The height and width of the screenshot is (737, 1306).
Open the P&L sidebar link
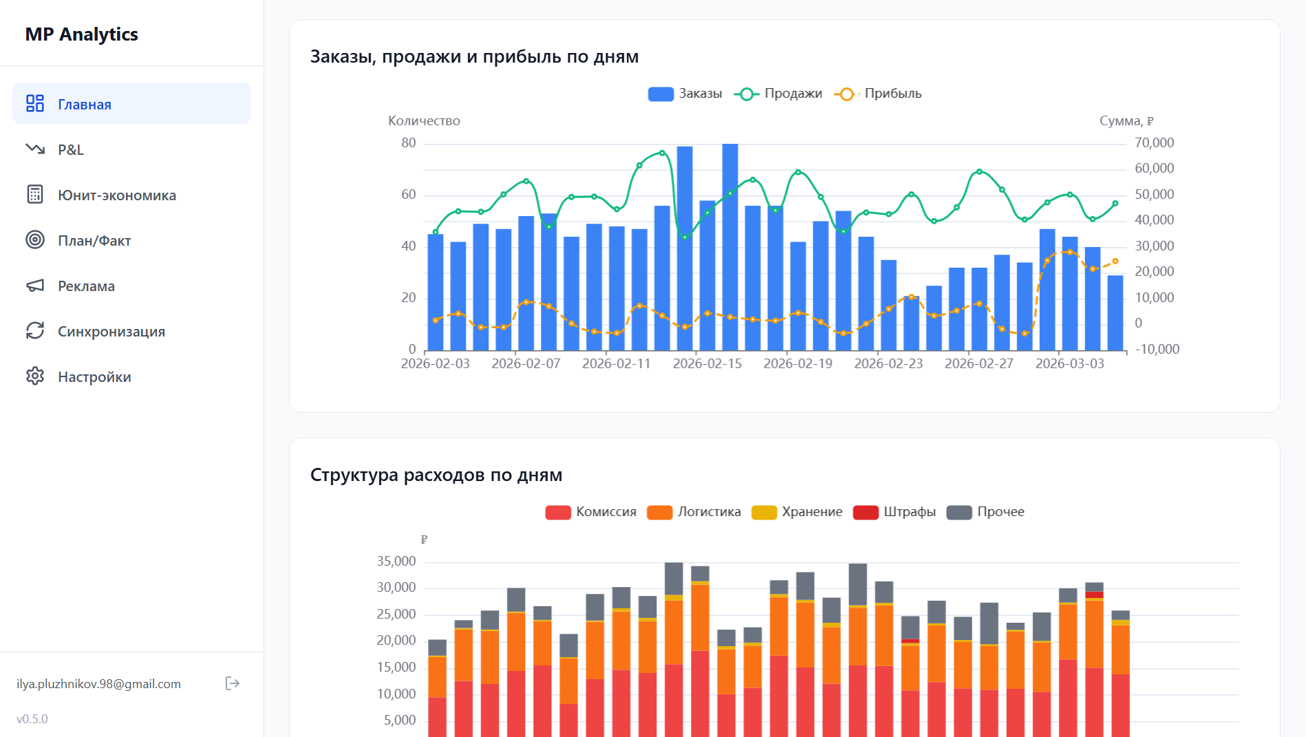[70, 149]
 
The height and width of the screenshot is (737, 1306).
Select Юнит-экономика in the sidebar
[116, 195]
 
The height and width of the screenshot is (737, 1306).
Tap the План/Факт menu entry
[94, 240]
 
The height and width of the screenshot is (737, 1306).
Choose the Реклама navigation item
[86, 286]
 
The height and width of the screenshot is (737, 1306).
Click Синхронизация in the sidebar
[111, 331]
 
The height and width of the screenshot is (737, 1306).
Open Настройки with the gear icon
[94, 376]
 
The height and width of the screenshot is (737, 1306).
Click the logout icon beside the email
[233, 683]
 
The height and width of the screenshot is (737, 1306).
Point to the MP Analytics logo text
[81, 34]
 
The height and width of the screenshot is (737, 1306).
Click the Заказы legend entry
[685, 94]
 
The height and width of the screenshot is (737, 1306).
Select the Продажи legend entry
[778, 94]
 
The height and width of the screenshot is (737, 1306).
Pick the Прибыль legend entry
[878, 94]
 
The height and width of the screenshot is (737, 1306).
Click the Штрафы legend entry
[895, 512]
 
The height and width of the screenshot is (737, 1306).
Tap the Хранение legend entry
[797, 512]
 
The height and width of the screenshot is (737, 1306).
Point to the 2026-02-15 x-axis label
[707, 363]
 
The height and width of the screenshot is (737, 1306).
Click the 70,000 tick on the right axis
[1154, 142]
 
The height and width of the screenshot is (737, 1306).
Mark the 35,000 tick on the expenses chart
[396, 561]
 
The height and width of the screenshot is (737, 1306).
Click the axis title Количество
[424, 120]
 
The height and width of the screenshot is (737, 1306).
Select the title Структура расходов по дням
[436, 475]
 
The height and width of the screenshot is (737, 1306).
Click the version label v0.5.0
[32, 718]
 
